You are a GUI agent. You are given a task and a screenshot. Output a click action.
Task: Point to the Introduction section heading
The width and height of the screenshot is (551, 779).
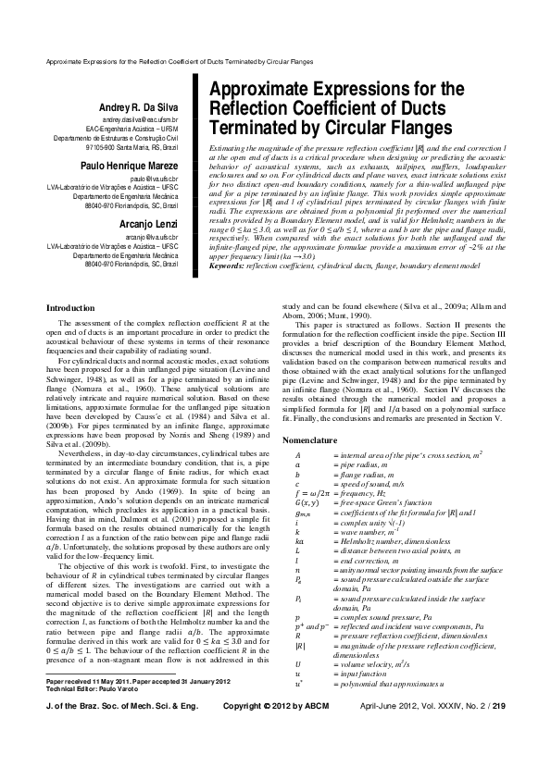(x=70, y=281)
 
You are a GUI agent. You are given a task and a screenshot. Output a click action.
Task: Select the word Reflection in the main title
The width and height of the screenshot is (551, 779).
(x=253, y=108)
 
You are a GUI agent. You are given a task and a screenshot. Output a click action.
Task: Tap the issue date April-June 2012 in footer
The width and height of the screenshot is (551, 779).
(x=394, y=757)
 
